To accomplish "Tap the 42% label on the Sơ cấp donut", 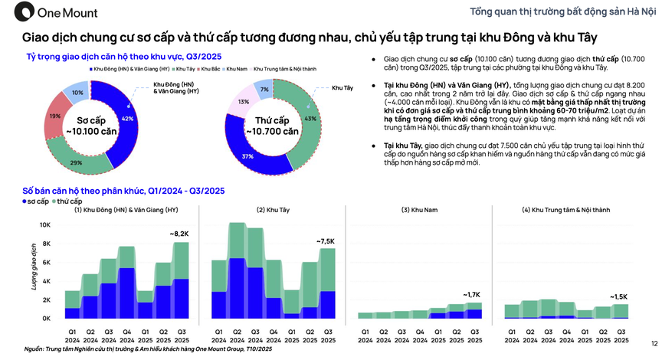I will (x=128, y=119).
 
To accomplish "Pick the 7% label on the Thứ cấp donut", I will (x=265, y=90).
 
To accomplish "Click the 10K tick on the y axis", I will (x=45, y=225).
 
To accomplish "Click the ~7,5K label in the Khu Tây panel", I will (x=325, y=241).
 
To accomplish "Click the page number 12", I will (x=653, y=343).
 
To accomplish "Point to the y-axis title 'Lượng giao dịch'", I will (x=33, y=272).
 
